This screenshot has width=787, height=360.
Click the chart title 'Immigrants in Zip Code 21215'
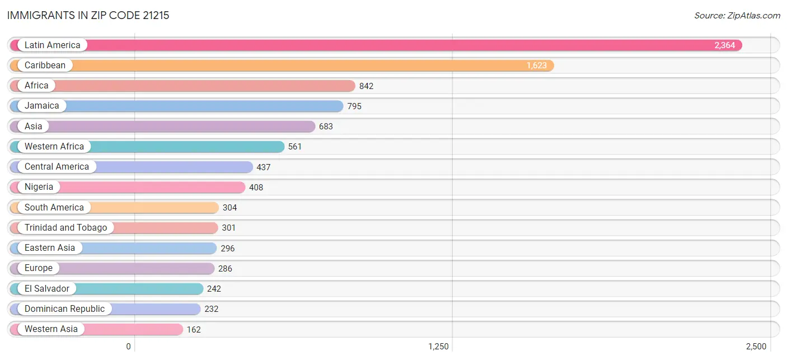88,16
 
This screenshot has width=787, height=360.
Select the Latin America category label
53,45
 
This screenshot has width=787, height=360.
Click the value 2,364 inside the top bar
724,45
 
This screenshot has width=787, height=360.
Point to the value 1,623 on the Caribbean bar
536,66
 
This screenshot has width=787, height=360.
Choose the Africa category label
36,86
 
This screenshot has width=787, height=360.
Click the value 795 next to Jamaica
354,106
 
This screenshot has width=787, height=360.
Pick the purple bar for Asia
162,126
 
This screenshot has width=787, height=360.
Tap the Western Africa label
54,146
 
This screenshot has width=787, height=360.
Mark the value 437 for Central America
264,167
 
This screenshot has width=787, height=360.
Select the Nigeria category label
39,186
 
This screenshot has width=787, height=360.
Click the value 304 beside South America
230,207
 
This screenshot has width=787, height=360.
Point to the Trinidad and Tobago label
65,227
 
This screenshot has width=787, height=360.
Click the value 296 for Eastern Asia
228,248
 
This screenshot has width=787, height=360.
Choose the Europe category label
38,268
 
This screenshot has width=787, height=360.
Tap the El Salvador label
46,288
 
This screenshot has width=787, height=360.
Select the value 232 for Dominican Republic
212,308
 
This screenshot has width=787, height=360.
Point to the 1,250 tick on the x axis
438,347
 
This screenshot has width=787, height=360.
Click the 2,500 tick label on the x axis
756,347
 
